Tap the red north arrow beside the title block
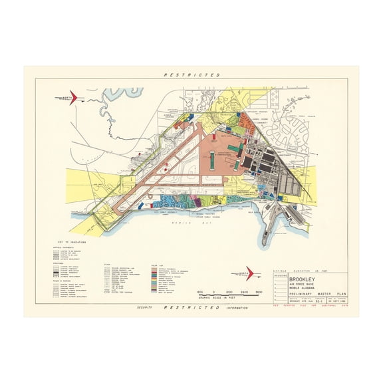(x=248, y=273)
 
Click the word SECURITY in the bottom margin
(x=144, y=308)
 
